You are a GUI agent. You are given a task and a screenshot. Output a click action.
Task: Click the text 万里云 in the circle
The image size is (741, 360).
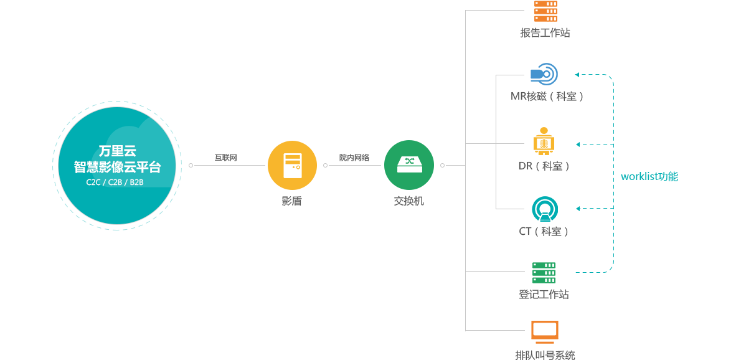click(117, 151)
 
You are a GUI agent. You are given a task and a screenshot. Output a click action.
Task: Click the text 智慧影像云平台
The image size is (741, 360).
click(117, 167)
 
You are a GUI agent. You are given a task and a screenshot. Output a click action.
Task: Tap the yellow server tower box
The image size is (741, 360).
click(292, 165)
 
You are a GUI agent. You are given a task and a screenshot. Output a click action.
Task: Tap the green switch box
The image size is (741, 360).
click(408, 165)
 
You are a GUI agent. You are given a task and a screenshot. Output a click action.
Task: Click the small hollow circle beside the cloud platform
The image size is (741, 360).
click(191, 165)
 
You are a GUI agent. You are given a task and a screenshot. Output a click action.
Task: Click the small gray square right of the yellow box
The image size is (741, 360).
click(325, 165)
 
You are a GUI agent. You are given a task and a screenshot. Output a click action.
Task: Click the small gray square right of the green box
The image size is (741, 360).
click(442, 165)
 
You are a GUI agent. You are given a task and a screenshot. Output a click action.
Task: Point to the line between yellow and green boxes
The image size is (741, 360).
click(354, 165)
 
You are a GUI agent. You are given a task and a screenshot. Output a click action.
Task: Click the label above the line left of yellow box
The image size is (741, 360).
click(225, 158)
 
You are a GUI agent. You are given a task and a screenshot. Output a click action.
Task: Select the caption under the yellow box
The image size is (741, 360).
click(291, 201)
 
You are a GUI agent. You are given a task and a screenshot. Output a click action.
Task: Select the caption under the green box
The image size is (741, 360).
click(408, 201)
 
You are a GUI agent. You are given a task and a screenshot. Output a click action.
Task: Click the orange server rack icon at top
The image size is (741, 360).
click(545, 11)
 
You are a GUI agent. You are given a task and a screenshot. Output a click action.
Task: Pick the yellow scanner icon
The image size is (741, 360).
click(544, 141)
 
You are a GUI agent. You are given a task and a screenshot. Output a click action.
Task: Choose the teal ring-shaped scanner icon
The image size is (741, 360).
click(545, 209)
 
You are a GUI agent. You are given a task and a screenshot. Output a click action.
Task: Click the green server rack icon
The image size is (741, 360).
click(544, 273)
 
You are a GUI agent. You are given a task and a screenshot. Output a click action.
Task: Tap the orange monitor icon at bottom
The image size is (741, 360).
click(544, 331)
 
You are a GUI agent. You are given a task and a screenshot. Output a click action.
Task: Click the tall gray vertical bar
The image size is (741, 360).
click(494, 170)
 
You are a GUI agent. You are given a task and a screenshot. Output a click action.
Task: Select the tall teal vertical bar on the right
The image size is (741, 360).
click(594, 173)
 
